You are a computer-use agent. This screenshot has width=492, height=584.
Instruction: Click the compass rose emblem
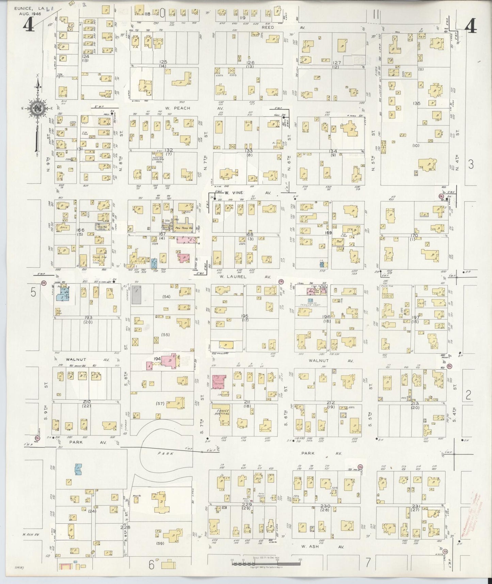37,109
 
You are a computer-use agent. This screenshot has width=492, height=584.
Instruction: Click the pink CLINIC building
219,381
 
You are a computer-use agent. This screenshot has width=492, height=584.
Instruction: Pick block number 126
250,63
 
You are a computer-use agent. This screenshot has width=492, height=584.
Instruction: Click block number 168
250,235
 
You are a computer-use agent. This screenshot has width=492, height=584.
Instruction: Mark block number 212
331,402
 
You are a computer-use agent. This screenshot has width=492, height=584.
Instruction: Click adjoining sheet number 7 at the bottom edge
368,563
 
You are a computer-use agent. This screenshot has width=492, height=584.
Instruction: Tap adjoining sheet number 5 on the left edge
33,292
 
